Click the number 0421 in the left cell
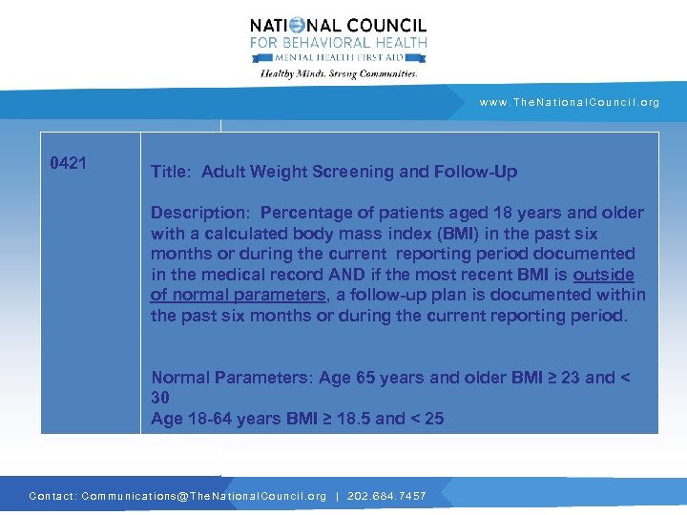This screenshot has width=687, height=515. coord(69,163)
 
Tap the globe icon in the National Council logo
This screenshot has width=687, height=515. coord(297,26)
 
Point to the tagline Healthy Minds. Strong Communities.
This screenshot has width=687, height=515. coord(339,73)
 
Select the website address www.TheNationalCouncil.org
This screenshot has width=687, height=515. coord(570,102)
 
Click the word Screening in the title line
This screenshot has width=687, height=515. coord(356,172)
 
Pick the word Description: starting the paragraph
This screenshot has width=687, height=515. coord(200,213)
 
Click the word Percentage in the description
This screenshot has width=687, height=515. coord(304,213)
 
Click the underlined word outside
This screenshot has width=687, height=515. coord(603,275)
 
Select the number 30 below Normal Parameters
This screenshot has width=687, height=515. coord(159,398)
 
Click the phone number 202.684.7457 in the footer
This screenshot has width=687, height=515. coord(385,496)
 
